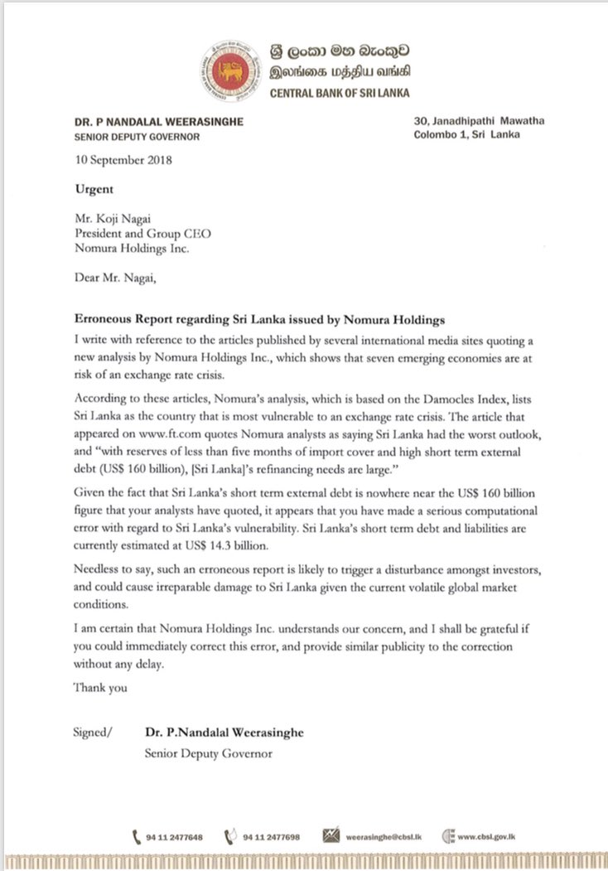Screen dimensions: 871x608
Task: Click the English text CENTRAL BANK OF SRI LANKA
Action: tap(340, 93)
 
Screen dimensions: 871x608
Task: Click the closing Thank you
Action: tap(100, 687)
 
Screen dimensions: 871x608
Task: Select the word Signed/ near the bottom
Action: tap(93, 733)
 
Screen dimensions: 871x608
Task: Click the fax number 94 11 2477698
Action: tap(271, 837)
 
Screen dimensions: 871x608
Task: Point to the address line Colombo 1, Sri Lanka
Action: tap(466, 135)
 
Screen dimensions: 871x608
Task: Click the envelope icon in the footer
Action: tap(332, 836)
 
